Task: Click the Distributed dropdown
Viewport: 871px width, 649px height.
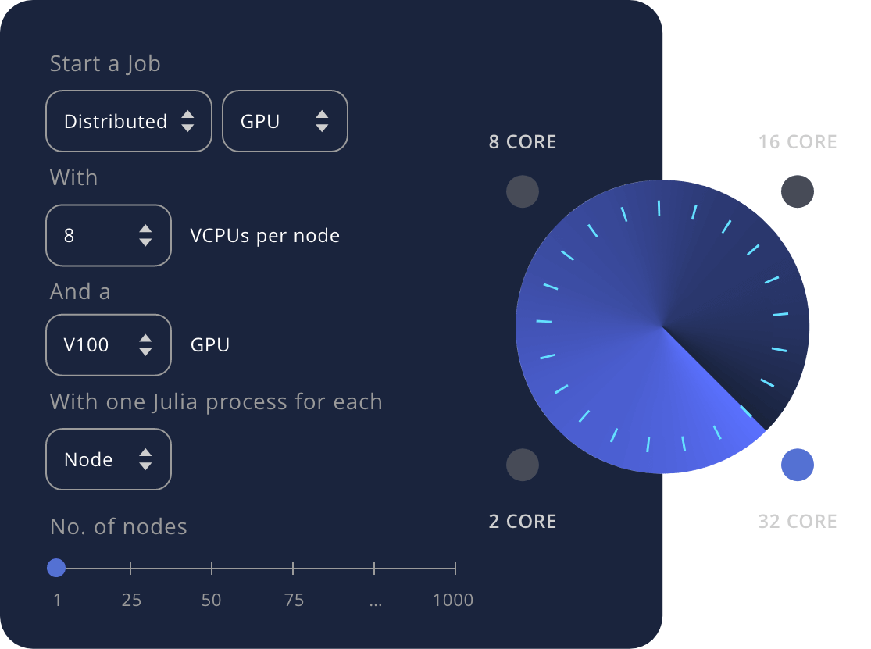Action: [128, 121]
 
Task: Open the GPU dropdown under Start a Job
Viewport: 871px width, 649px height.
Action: [284, 121]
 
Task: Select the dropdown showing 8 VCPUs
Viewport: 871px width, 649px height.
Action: [108, 235]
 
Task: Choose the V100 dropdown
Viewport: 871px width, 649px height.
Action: [108, 344]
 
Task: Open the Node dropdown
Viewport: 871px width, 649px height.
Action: [108, 459]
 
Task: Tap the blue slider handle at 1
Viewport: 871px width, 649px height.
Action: [56, 568]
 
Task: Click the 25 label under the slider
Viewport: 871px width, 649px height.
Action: [131, 601]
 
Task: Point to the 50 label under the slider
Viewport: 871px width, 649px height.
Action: [211, 601]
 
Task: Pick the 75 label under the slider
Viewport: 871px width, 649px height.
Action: [294, 601]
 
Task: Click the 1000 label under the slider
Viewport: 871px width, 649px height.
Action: [453, 601]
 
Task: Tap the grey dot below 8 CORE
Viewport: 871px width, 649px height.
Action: [523, 191]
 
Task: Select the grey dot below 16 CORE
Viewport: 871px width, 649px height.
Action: [798, 191]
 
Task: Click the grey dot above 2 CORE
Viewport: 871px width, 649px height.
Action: [523, 465]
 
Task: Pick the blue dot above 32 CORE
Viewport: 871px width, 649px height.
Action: [798, 465]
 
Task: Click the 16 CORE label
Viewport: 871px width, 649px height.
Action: [798, 142]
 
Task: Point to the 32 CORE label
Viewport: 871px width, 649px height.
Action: [798, 522]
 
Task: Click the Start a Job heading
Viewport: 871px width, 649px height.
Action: [105, 64]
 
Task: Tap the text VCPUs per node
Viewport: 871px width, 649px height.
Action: [265, 236]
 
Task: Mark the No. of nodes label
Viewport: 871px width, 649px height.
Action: [119, 527]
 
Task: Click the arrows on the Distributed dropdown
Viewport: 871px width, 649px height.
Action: [187, 121]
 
